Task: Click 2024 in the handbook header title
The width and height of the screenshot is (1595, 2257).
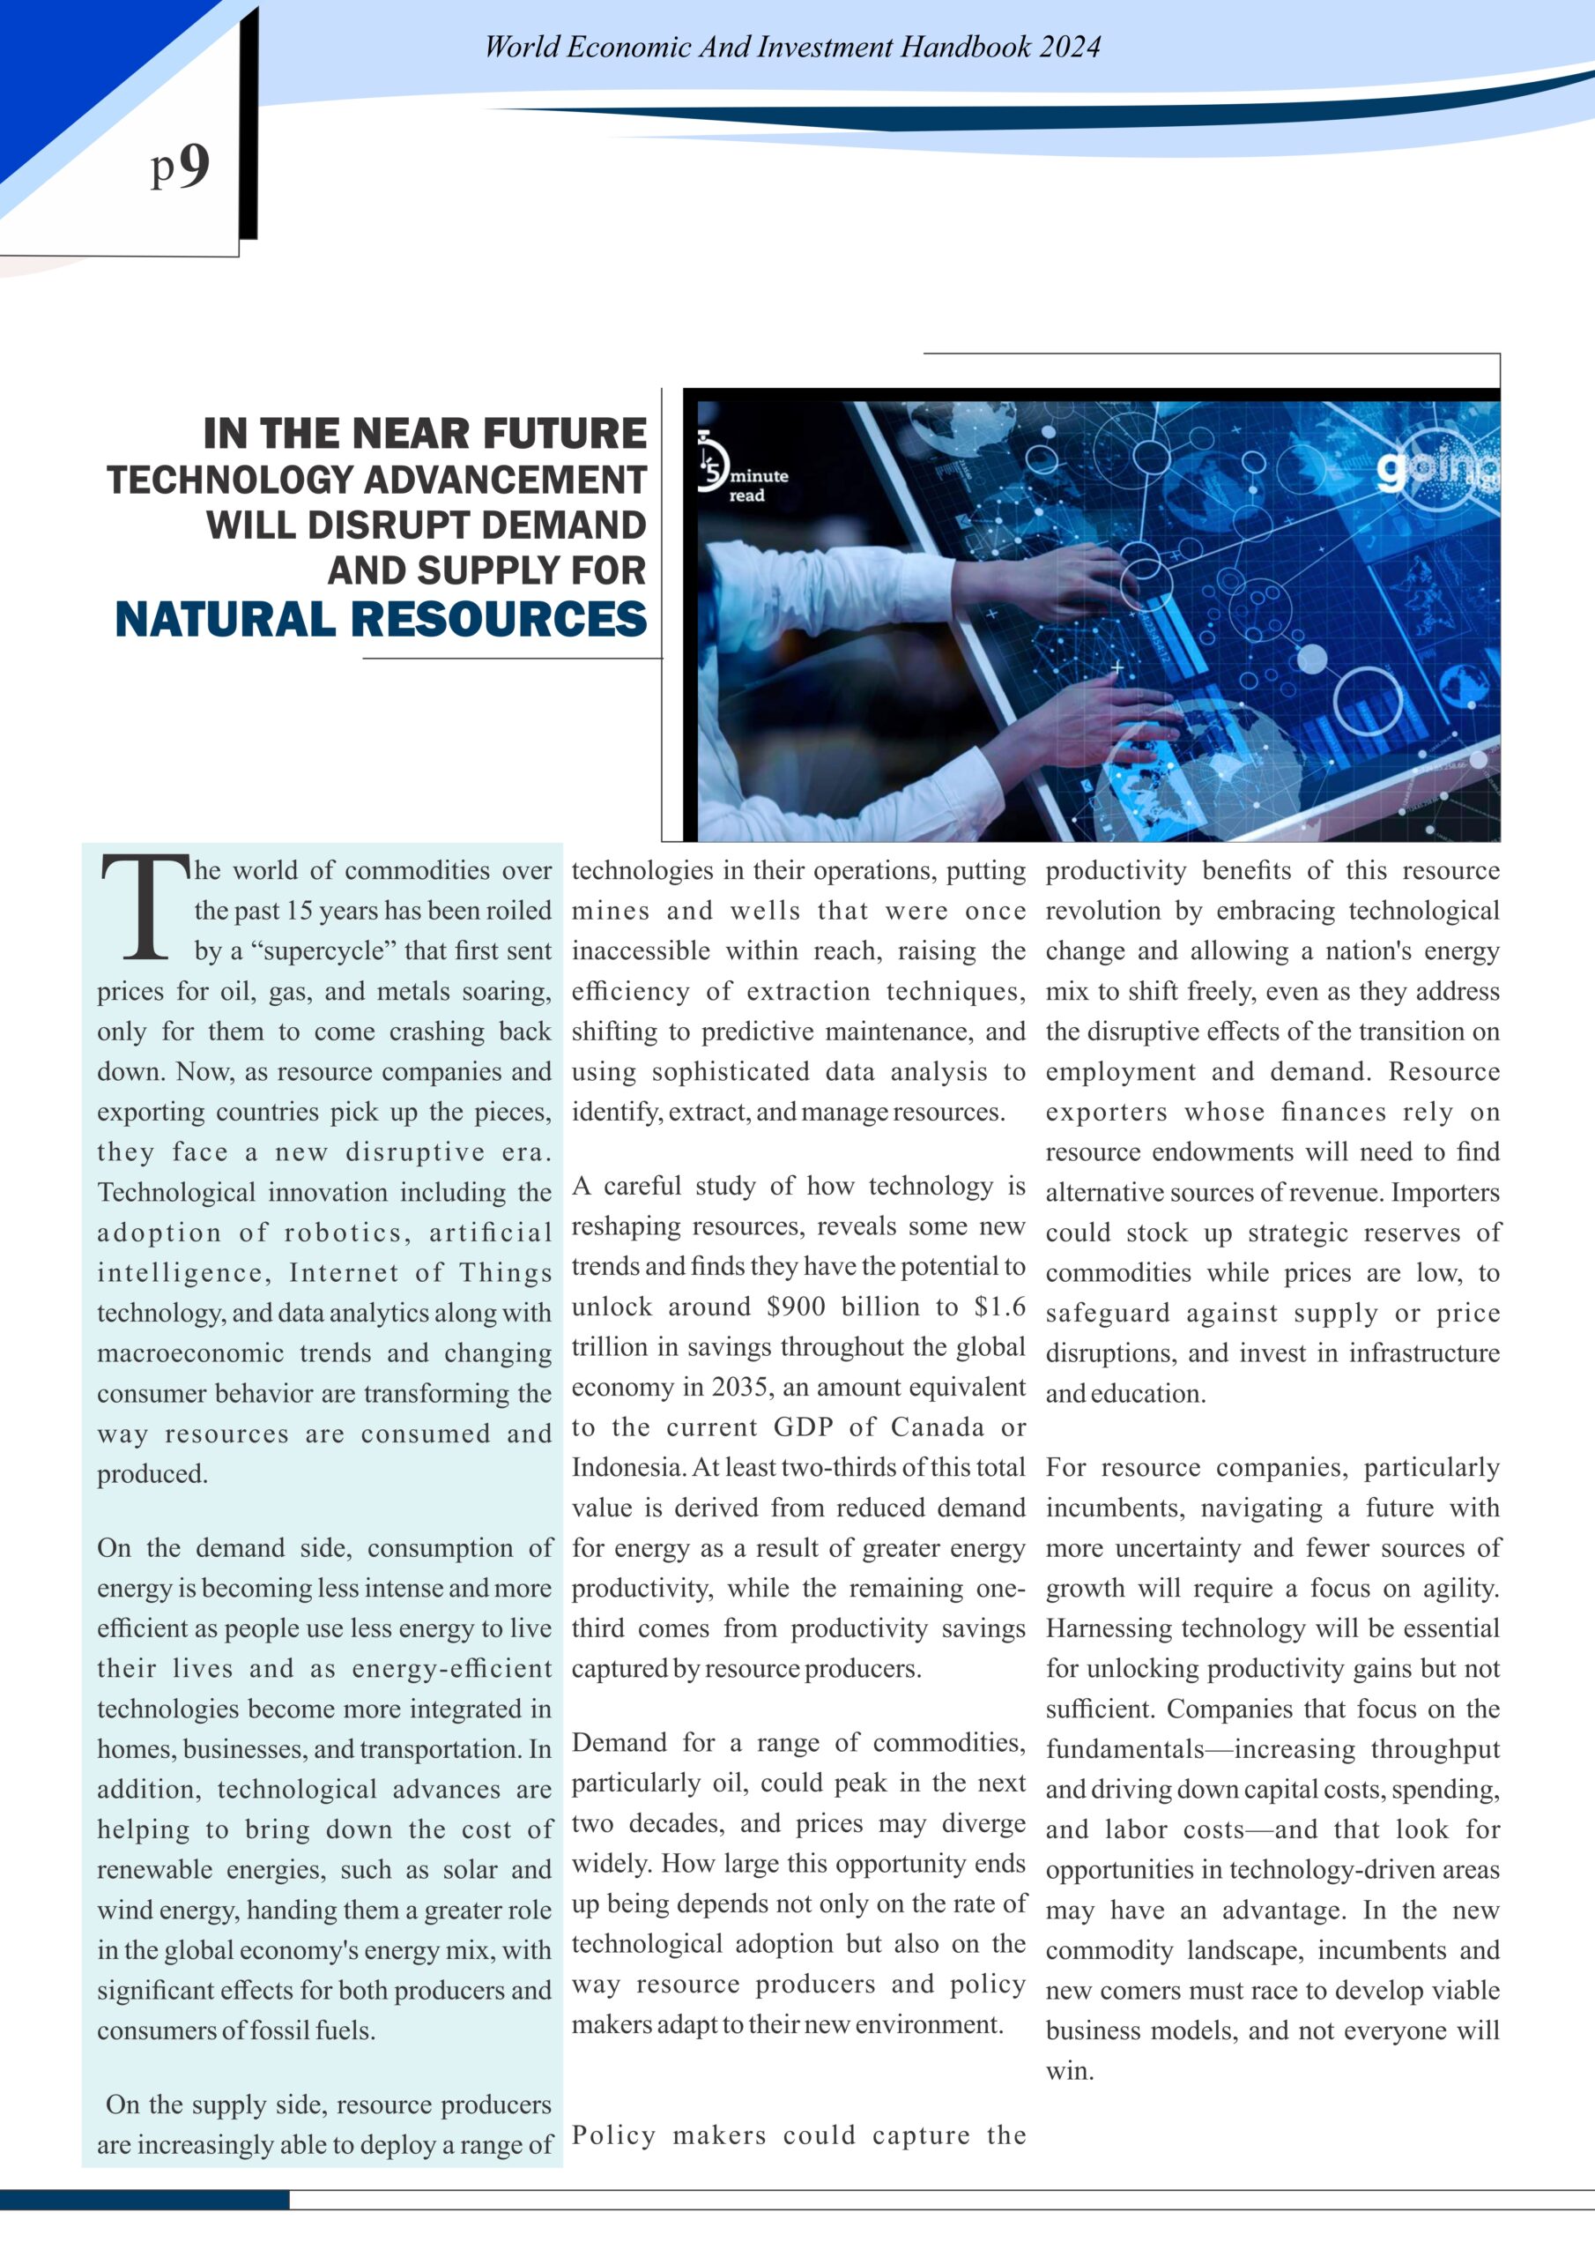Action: point(1067,48)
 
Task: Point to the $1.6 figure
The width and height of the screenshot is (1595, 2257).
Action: point(999,1307)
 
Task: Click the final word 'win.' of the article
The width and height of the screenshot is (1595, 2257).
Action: point(1069,2071)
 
